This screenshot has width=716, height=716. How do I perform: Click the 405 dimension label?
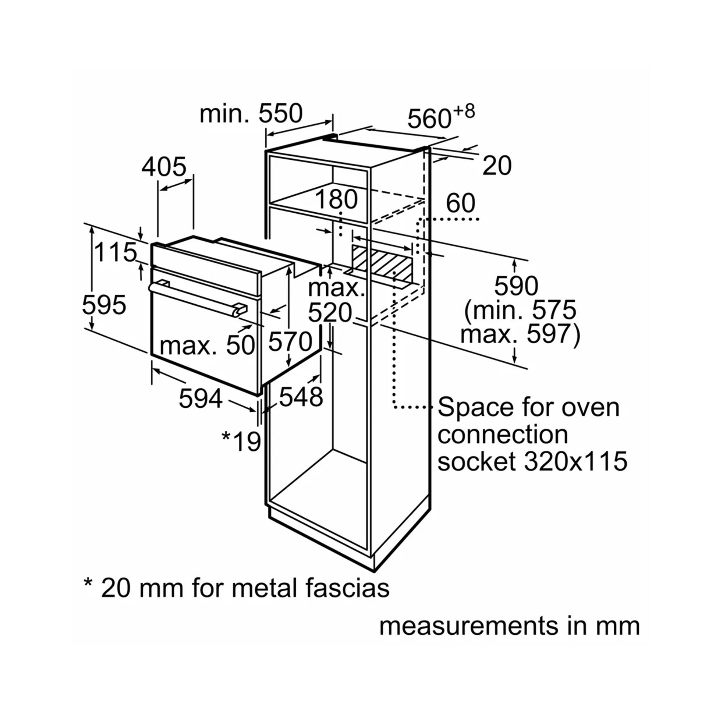tap(163, 167)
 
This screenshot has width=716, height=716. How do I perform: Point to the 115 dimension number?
tap(115, 253)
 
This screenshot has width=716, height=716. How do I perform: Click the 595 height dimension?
tap(104, 305)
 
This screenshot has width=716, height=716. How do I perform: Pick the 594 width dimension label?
tap(201, 399)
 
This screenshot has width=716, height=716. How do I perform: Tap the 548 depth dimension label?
tap(301, 397)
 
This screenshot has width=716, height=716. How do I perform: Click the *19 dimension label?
tap(241, 442)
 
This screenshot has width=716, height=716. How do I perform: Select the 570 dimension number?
tap(290, 342)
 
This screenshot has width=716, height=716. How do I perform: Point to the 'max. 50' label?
tap(207, 345)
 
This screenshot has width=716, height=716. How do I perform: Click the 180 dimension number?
tap(336, 199)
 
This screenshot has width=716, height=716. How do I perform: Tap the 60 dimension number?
tap(460, 203)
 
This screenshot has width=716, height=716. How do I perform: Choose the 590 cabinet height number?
tap(516, 286)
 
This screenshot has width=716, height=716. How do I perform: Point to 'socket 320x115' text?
tap(532, 461)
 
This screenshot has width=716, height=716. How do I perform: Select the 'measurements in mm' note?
tap(510, 626)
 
